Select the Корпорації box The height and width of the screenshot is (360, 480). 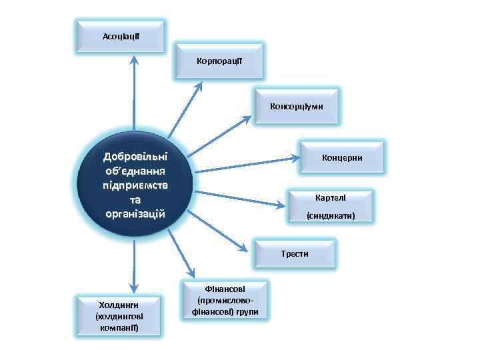[x=219, y=61]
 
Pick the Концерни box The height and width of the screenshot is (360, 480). [x=342, y=158]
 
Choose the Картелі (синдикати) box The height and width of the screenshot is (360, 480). [x=329, y=207]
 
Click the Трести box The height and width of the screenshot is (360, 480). [x=294, y=254]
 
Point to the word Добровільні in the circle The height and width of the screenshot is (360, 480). [x=134, y=157]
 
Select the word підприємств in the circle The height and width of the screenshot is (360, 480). [x=134, y=185]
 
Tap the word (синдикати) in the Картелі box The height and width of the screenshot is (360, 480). [x=329, y=216]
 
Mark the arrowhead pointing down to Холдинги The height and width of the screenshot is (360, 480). [x=135, y=286]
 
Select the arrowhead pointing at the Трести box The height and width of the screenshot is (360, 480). [x=250, y=249]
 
